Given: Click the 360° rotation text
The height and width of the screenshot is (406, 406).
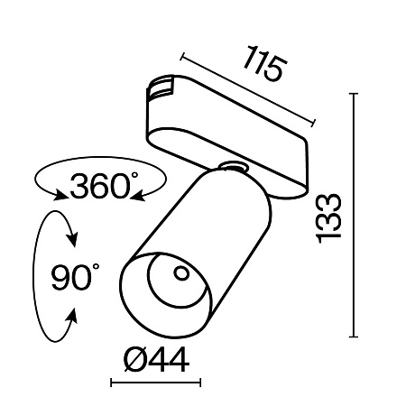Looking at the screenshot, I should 100,187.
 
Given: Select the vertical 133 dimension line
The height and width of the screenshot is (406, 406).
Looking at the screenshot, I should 352,217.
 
